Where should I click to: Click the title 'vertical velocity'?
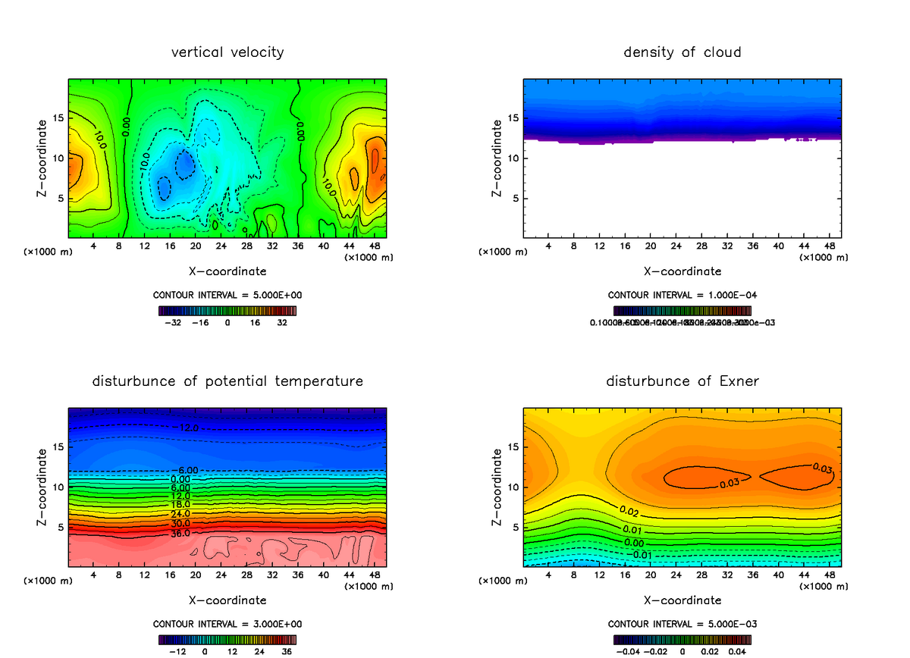pos(227,52)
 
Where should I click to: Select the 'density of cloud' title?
pos(682,52)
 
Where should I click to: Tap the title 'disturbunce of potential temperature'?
pos(227,381)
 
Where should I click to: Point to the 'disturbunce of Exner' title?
pos(682,381)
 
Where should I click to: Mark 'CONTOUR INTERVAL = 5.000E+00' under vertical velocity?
pos(227,295)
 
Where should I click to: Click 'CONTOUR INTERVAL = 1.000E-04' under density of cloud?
pos(682,295)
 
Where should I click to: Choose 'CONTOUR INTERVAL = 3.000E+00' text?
pos(227,624)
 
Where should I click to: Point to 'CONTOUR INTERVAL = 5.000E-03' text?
pos(682,624)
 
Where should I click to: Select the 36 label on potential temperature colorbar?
pos(287,651)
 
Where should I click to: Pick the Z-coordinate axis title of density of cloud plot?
pos(497,159)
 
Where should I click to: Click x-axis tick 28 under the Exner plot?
pos(702,575)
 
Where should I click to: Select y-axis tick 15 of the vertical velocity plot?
pos(58,117)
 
